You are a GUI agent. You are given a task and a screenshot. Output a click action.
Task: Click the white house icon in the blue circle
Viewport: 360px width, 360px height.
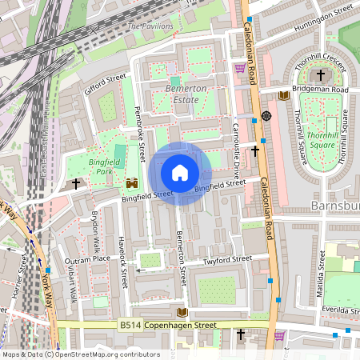tap(180, 173)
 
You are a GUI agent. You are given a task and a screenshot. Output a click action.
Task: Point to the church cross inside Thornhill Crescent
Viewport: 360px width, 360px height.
tap(321, 75)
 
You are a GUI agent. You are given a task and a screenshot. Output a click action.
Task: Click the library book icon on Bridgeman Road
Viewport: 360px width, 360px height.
tap(283, 95)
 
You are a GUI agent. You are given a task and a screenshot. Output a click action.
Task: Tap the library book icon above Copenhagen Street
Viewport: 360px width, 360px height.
tap(182, 311)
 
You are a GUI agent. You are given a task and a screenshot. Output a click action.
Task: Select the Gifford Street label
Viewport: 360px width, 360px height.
tap(105, 84)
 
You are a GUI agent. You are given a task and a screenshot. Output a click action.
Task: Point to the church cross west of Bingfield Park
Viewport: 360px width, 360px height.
tap(77, 184)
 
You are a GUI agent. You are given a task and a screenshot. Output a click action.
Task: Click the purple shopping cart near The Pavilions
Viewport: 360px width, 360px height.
tap(239, 68)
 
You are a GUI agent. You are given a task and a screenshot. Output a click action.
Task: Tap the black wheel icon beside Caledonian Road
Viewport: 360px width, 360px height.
tap(266, 116)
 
